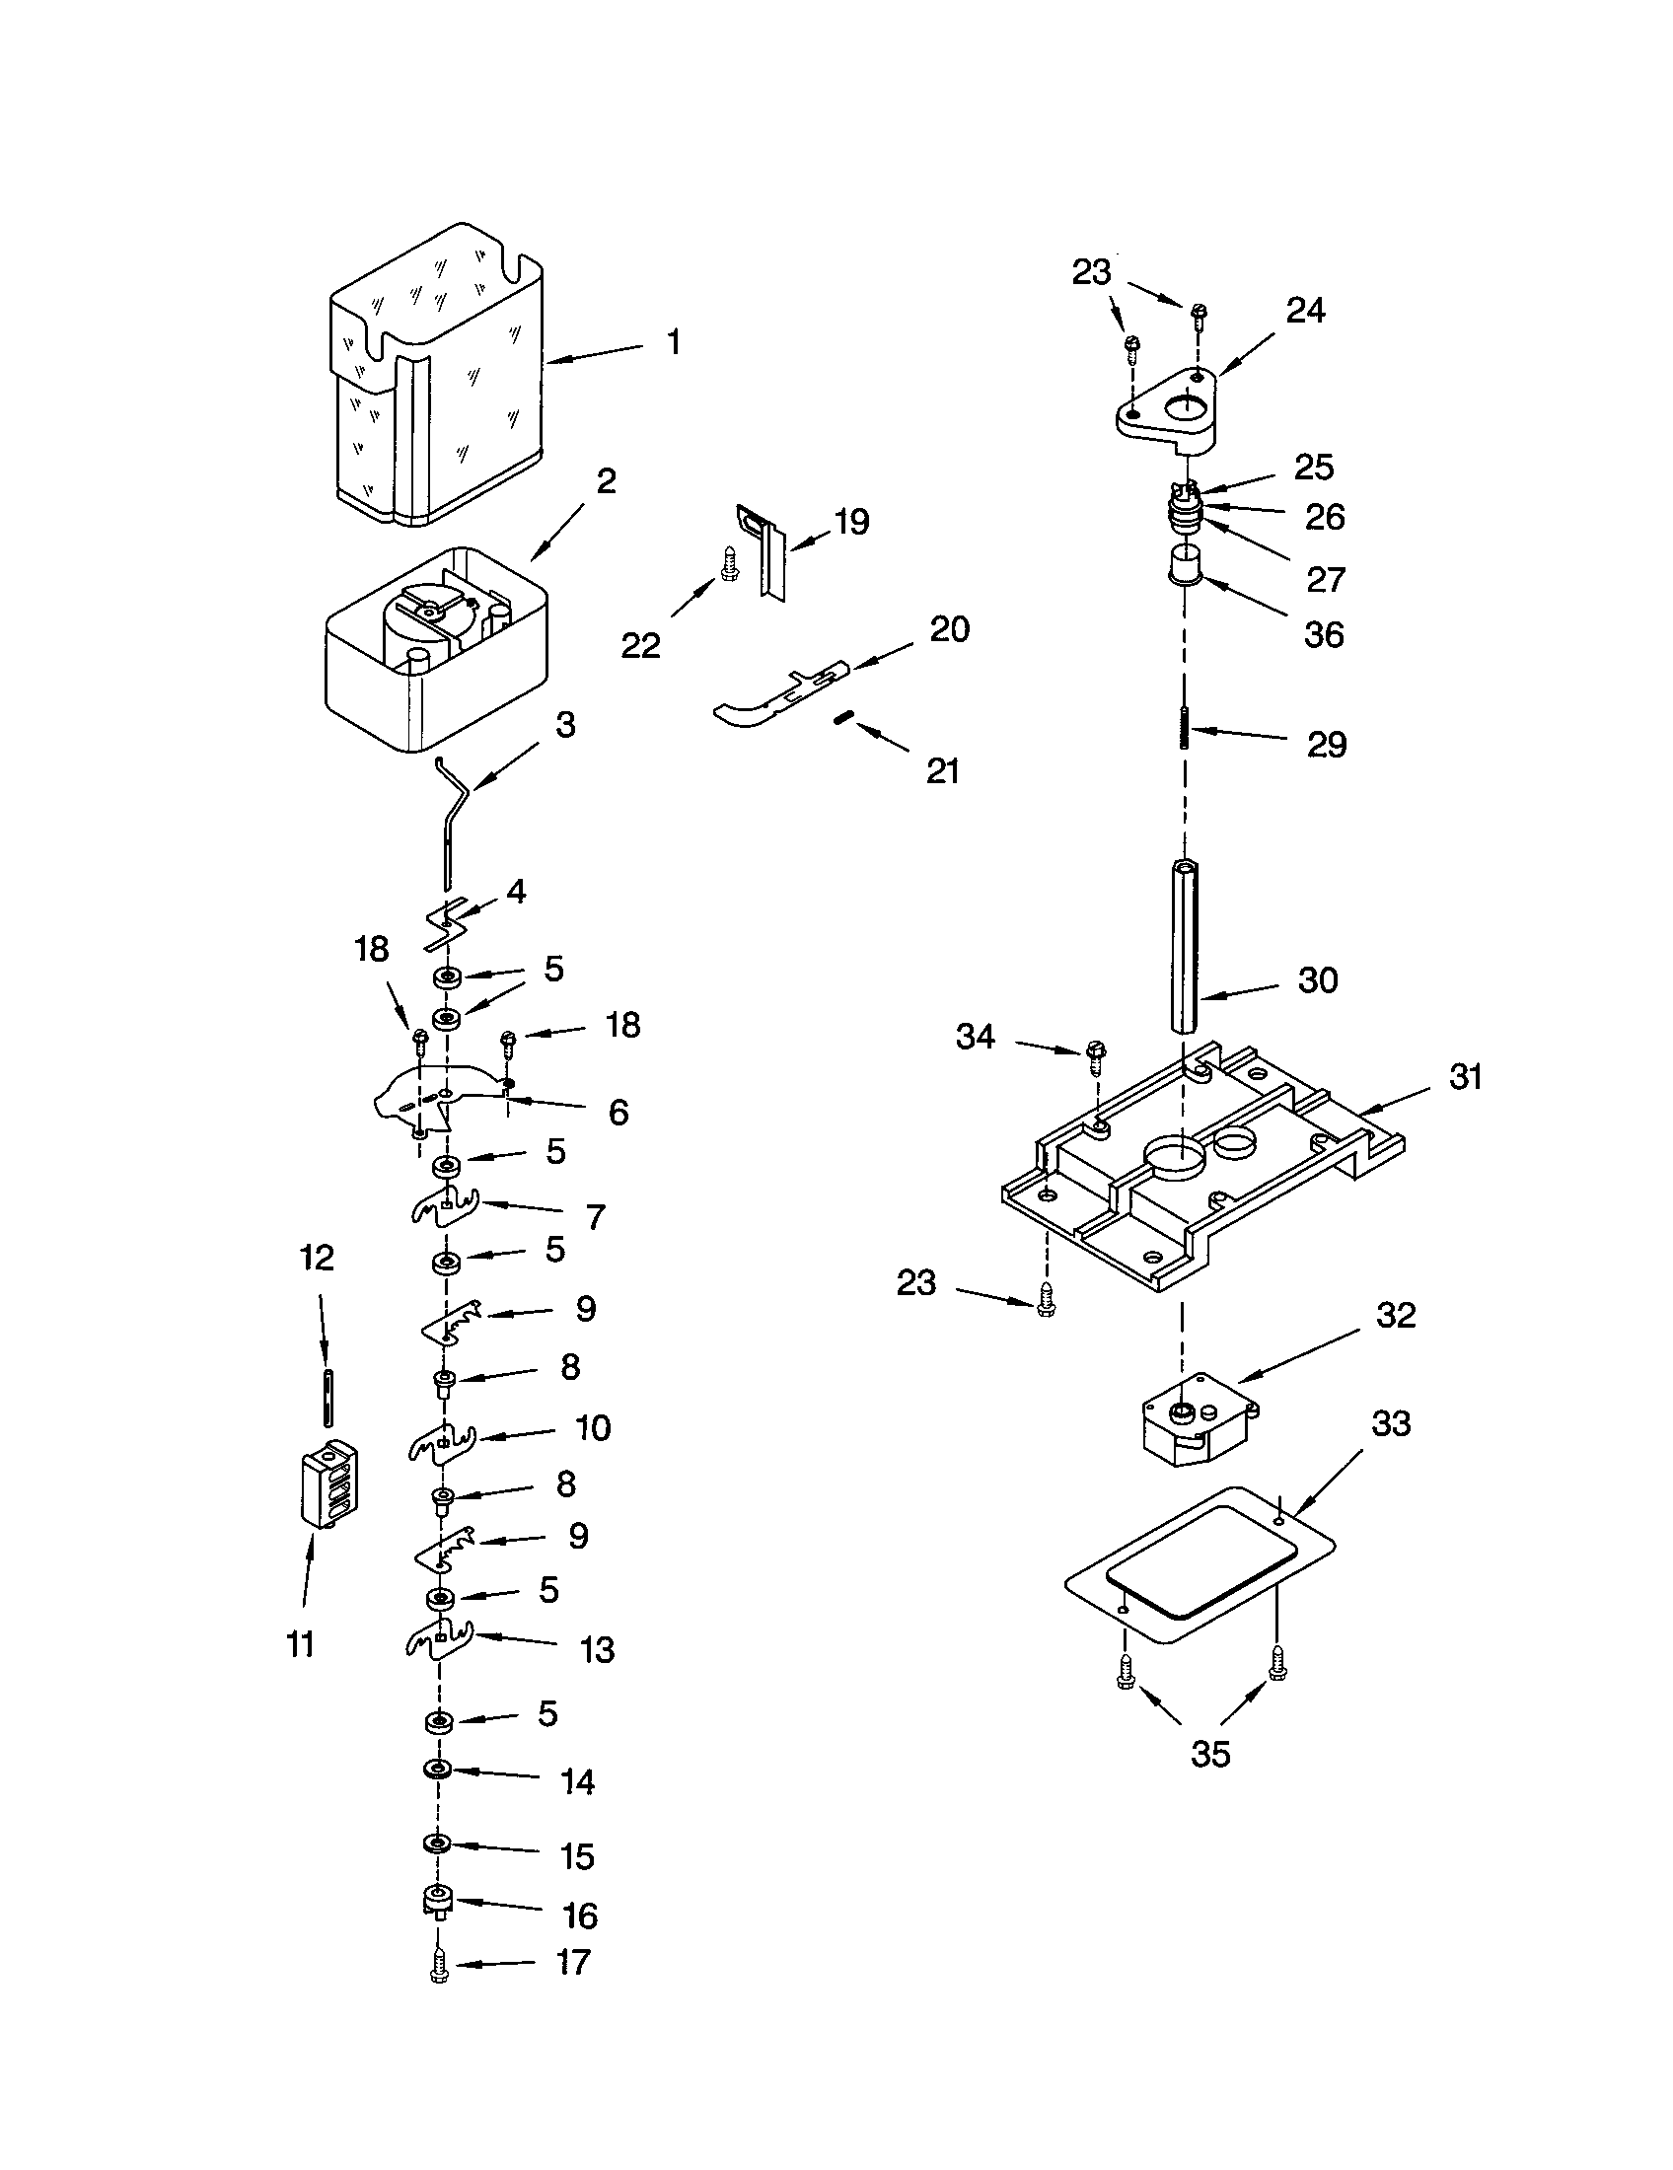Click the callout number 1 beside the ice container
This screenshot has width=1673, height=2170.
click(x=674, y=343)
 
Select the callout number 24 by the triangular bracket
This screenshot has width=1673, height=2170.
click(x=1304, y=311)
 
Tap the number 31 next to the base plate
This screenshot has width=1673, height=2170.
click(x=1466, y=1076)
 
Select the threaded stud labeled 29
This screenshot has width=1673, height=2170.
click(x=1184, y=733)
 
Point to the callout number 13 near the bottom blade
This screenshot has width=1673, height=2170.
click(x=597, y=1650)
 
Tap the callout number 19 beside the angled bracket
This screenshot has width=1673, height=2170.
click(x=851, y=522)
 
